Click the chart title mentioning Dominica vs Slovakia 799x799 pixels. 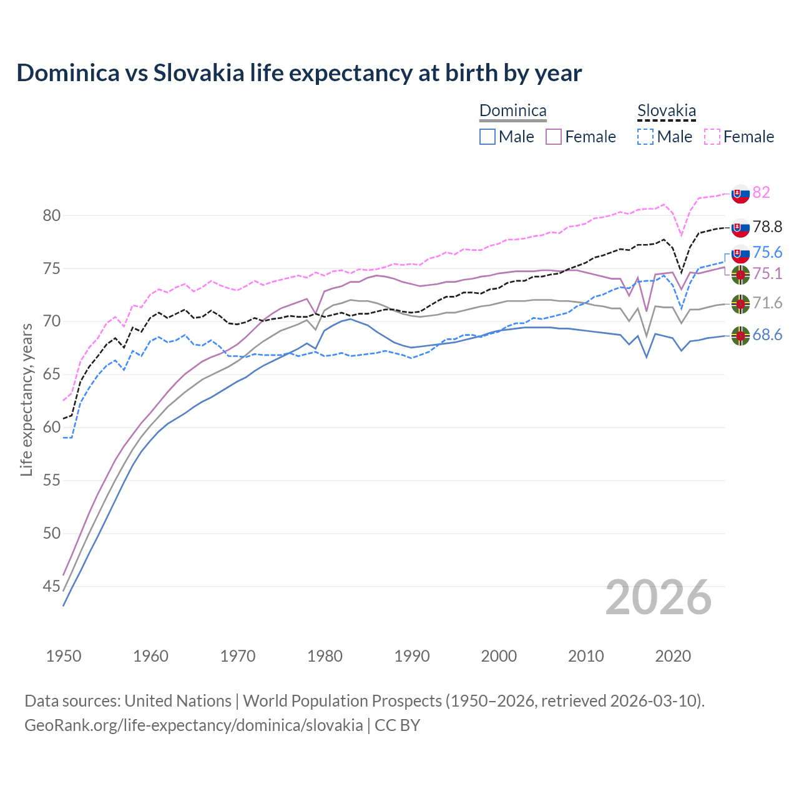(299, 73)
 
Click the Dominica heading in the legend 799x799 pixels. (512, 111)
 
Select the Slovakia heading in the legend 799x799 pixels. (666, 111)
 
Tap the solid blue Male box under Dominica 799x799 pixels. (488, 137)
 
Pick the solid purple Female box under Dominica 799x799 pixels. (554, 137)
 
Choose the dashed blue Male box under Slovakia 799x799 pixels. (645, 137)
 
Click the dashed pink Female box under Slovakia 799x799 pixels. (712, 137)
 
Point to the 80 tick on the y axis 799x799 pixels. (52, 216)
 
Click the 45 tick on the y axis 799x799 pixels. (52, 586)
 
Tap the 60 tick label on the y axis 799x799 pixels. (52, 428)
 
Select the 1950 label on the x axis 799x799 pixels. (64, 656)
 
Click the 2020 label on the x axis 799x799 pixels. (673, 656)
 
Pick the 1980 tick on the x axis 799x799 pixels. (325, 656)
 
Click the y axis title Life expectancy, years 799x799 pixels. (26, 399)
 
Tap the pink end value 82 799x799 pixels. (761, 192)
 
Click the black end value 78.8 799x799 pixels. (767, 227)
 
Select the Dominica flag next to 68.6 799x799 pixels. (740, 336)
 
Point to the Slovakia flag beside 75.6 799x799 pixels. (740, 254)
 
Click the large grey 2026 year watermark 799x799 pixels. (659, 597)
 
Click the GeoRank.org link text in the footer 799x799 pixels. (194, 725)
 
